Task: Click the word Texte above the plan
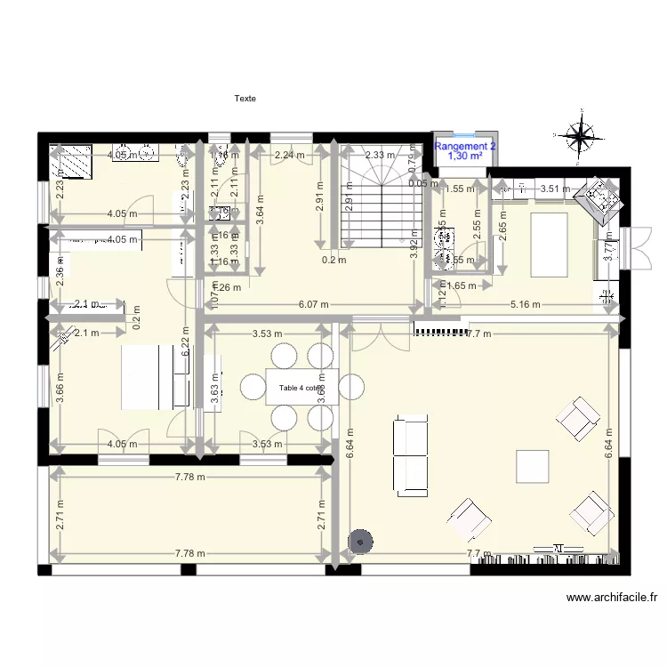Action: pos(245,99)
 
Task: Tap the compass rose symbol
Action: pos(581,136)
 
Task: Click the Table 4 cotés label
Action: pos(301,388)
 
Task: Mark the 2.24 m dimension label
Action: pos(289,155)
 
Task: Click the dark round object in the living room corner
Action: pos(360,540)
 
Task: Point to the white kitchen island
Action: pos(550,245)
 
